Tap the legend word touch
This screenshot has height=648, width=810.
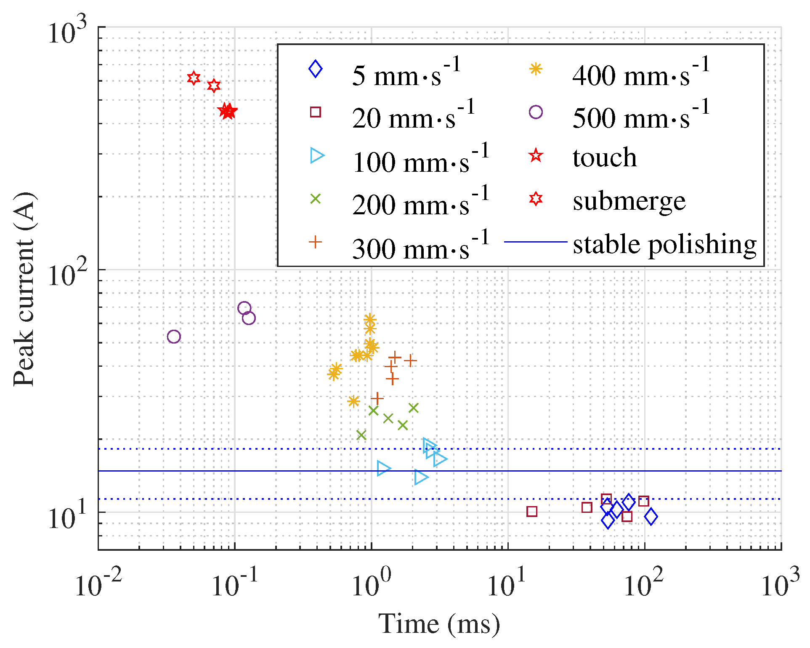pyautogui.click(x=604, y=157)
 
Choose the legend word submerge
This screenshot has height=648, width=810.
pyautogui.click(x=629, y=201)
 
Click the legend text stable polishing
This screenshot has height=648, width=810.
pyautogui.click(x=664, y=244)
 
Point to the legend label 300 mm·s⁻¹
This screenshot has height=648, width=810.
pyautogui.click(x=420, y=245)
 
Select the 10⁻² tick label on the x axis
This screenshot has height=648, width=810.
pyautogui.click(x=98, y=584)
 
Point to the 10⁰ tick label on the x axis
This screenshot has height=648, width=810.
pyautogui.click(x=372, y=584)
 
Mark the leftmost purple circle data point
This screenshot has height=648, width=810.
pyautogui.click(x=174, y=336)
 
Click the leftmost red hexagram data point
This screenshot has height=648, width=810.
pyautogui.click(x=194, y=78)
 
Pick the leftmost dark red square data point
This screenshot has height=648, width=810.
pyautogui.click(x=532, y=512)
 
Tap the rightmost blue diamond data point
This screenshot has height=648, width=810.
pyautogui.click(x=651, y=517)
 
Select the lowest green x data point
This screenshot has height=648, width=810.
pyautogui.click(x=361, y=435)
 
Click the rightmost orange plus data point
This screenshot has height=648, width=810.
pyautogui.click(x=410, y=361)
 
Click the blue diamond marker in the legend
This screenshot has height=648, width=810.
pyautogui.click(x=315, y=69)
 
